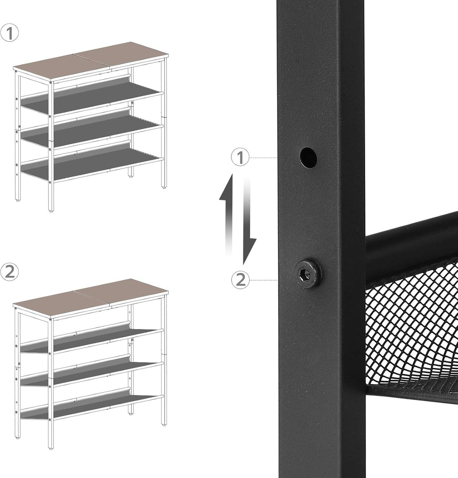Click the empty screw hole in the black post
(x=308, y=158)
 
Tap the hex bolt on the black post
(x=308, y=271)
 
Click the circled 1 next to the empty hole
(x=240, y=157)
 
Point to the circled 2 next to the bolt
(x=240, y=280)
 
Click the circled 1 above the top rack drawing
(x=9, y=33)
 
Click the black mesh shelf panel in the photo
(x=411, y=329)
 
